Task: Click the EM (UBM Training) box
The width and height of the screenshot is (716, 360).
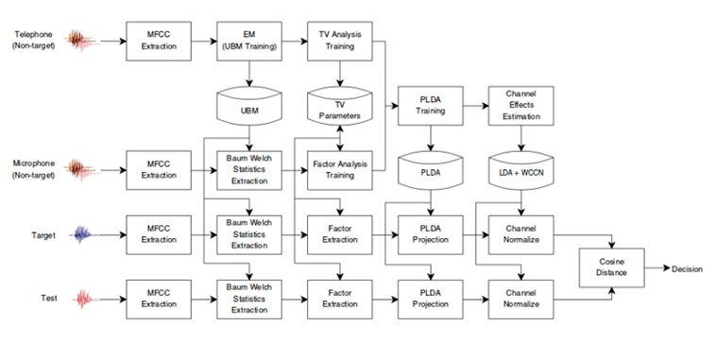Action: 249,42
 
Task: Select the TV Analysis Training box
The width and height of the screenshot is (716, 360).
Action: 340,42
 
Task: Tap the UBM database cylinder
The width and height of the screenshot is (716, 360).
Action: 249,106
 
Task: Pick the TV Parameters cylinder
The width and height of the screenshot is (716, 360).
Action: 340,106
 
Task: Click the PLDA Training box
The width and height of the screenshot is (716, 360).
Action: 431,106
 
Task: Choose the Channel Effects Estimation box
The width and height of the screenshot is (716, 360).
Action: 521,106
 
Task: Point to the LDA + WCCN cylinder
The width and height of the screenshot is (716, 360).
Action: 521,170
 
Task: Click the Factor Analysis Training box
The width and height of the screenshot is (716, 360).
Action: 340,170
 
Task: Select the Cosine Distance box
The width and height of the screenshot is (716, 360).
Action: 612,267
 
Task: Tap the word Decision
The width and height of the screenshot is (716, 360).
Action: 687,269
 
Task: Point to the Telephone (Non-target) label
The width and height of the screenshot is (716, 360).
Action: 33,41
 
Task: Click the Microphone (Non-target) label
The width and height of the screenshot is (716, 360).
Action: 33,169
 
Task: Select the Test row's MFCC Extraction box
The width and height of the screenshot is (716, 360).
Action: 159,300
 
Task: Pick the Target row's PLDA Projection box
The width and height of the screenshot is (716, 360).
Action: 431,235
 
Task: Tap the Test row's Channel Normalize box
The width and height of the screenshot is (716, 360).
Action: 521,300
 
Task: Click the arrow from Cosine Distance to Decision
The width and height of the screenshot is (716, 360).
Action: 657,268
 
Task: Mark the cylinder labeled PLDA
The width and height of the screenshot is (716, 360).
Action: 431,170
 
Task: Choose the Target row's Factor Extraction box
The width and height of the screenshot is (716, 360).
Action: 340,235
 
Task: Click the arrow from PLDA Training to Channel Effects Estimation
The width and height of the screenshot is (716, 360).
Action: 476,106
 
